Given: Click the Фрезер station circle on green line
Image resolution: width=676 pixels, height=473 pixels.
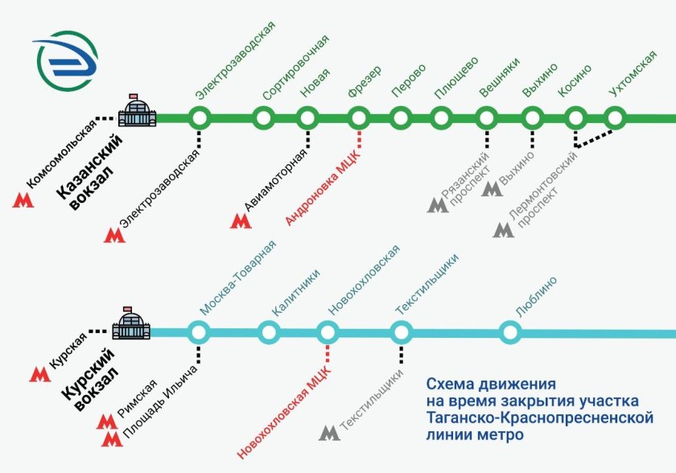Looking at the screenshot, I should click(359, 119).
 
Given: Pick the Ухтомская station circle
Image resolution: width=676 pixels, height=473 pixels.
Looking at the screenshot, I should click(616, 119).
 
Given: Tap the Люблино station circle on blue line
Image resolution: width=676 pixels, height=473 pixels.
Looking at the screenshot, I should click(510, 331).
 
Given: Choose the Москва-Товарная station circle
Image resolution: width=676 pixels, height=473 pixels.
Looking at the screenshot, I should click(199, 331).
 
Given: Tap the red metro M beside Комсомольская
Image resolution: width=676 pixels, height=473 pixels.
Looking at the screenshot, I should click(22, 199).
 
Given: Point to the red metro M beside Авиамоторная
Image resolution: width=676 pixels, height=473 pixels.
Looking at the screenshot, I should click(240, 220).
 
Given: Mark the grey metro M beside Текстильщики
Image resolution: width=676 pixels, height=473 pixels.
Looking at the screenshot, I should click(329, 433).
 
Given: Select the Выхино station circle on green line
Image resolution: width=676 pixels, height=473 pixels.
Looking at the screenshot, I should click(531, 119).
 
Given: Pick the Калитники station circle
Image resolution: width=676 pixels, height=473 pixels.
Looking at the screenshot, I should click(268, 331).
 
